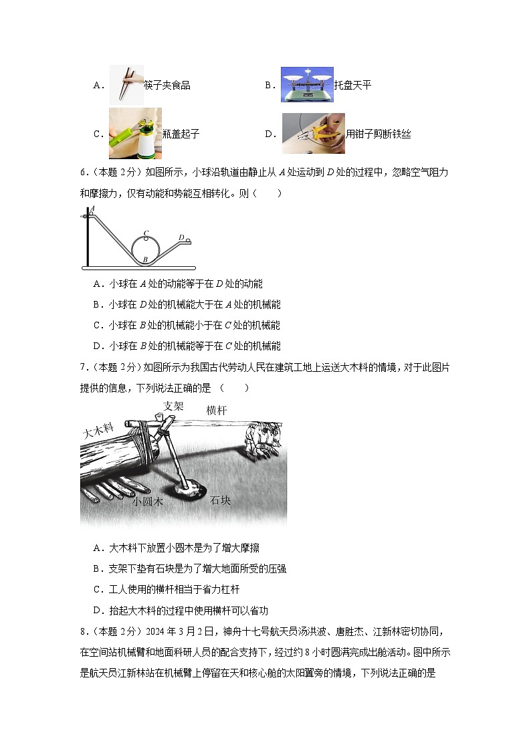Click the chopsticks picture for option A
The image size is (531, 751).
pos(126,84)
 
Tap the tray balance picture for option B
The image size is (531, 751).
pos(306,84)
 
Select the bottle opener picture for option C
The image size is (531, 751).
pos(135,133)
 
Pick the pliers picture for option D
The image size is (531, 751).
pos(313,133)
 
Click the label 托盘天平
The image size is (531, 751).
pos(352,85)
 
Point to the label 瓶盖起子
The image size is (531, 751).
pos(181,134)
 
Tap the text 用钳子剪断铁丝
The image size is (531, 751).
pos(378,134)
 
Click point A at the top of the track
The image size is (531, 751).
pos(92,209)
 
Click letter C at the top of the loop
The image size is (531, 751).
pos(146,233)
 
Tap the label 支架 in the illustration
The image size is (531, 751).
pos(173,405)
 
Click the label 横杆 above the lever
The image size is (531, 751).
pos(217,409)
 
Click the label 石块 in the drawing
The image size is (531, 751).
pos(220,500)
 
